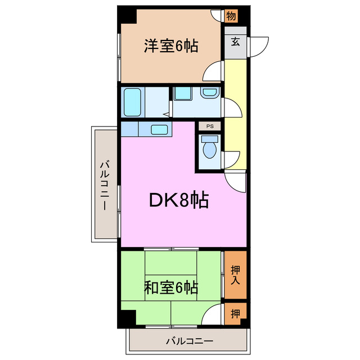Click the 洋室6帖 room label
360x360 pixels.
171,46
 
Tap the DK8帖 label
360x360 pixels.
179,200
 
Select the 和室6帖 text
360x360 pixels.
171,288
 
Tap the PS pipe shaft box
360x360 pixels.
210,127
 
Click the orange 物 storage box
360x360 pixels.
231,16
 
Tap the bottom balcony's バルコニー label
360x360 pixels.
190,341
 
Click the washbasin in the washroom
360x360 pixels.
209,92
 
